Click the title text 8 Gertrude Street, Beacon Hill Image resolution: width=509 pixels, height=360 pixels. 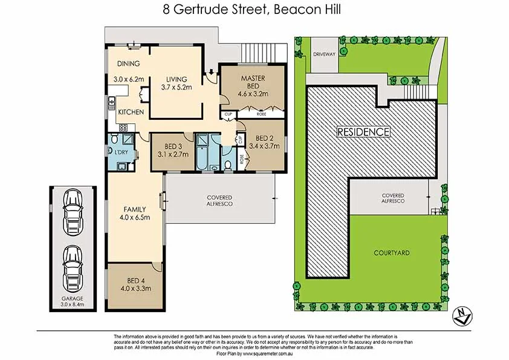pos(254,9)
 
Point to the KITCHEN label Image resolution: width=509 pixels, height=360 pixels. pos(131,113)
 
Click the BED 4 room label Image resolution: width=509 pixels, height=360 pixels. pos(135,280)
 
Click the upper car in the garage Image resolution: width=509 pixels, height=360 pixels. pos(73,210)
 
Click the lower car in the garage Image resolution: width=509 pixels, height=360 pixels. pos(73,266)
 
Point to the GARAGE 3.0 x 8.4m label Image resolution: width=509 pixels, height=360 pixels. pos(72,302)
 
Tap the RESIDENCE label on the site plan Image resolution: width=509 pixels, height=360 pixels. pos(363,131)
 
